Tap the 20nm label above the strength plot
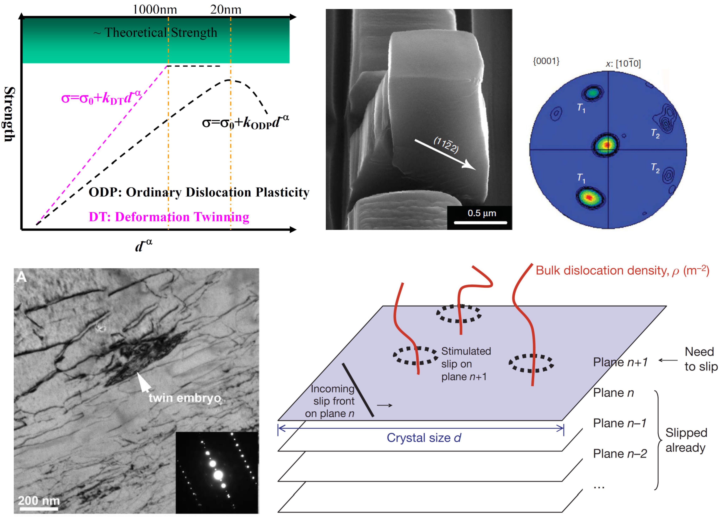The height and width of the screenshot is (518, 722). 226,10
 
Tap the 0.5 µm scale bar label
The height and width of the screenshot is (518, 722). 482,213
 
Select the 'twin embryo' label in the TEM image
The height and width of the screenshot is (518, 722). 185,398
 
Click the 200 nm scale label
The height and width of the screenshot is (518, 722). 39,501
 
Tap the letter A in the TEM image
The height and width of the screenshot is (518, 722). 21,277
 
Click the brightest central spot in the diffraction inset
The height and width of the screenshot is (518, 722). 218,475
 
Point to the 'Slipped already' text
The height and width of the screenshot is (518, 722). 686,440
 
